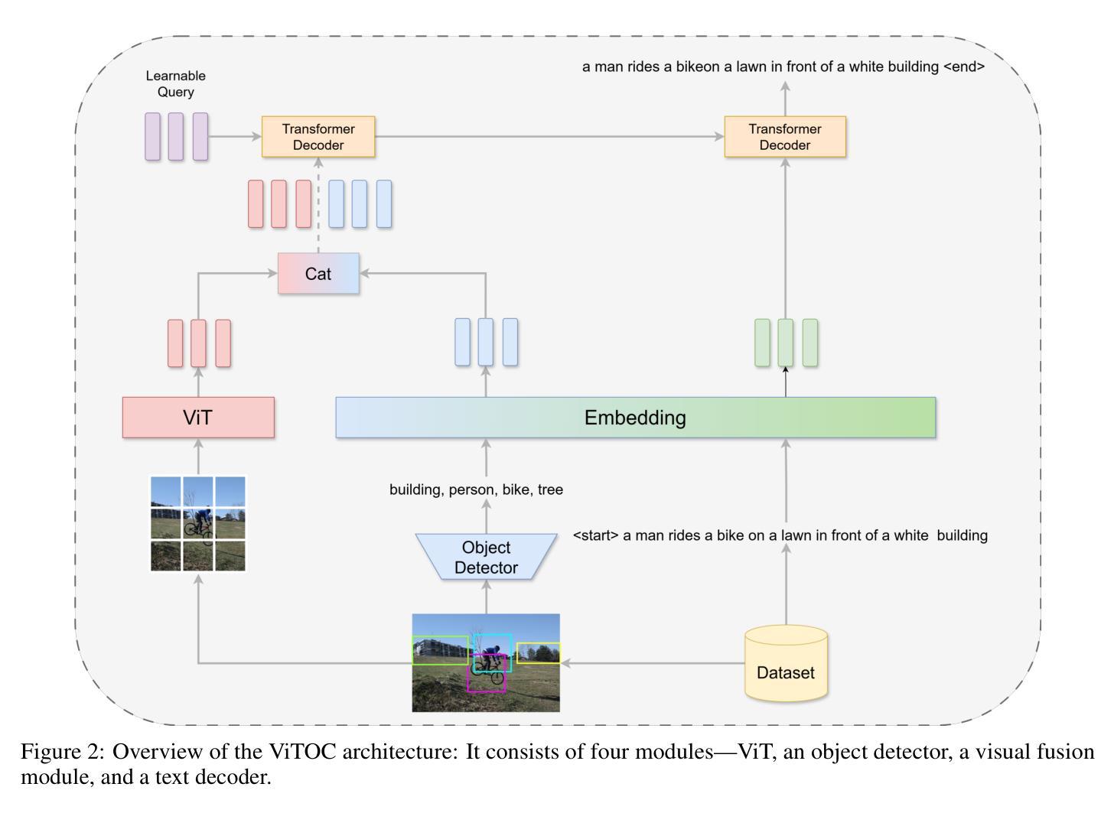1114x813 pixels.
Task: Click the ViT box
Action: pos(198,418)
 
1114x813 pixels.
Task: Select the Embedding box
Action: pos(636,418)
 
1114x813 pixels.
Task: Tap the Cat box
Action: pos(318,274)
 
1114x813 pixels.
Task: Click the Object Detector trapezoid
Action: pos(487,557)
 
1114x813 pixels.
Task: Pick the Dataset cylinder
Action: pos(786,663)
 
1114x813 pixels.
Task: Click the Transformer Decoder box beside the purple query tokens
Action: pos(318,137)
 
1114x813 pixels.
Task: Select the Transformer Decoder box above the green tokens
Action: pos(785,137)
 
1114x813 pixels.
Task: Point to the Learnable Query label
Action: pos(175,84)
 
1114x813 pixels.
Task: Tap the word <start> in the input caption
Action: pos(595,535)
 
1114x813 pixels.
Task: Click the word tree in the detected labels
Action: pos(551,489)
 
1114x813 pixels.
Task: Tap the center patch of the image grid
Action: pos(198,524)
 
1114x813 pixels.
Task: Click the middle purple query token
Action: pos(175,136)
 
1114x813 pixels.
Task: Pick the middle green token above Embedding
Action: pos(785,343)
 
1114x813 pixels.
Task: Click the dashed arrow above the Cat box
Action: pos(318,206)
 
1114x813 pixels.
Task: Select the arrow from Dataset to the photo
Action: pos(653,663)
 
